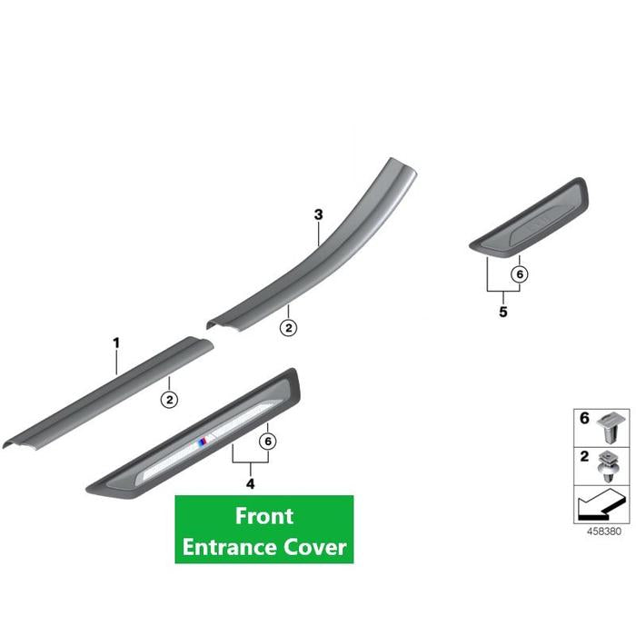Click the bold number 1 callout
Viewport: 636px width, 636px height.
pyautogui.click(x=116, y=343)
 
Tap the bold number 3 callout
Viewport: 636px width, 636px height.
pyautogui.click(x=318, y=214)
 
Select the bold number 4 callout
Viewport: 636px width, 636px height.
pyautogui.click(x=250, y=483)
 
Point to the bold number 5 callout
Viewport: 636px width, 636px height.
pyautogui.click(x=503, y=312)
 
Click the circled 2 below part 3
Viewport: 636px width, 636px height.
pyautogui.click(x=288, y=327)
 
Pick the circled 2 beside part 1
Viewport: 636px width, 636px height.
pyautogui.click(x=170, y=400)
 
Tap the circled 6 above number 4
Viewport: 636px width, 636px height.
pyautogui.click(x=268, y=441)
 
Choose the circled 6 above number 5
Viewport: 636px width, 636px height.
pyautogui.click(x=520, y=274)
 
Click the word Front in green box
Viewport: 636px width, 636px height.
pyautogui.click(x=264, y=516)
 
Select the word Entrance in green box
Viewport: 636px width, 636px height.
pyautogui.click(x=229, y=547)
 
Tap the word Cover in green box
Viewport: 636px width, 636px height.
pyautogui.click(x=314, y=547)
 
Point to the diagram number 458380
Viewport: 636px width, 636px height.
pyautogui.click(x=604, y=532)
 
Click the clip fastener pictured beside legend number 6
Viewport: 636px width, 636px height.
pyautogui.click(x=611, y=427)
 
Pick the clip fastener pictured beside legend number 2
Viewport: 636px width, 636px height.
pyautogui.click(x=609, y=467)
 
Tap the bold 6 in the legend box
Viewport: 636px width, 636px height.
pyautogui.click(x=584, y=418)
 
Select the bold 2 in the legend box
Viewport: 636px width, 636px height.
pyautogui.click(x=584, y=456)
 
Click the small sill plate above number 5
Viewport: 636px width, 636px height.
pyautogui.click(x=529, y=217)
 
